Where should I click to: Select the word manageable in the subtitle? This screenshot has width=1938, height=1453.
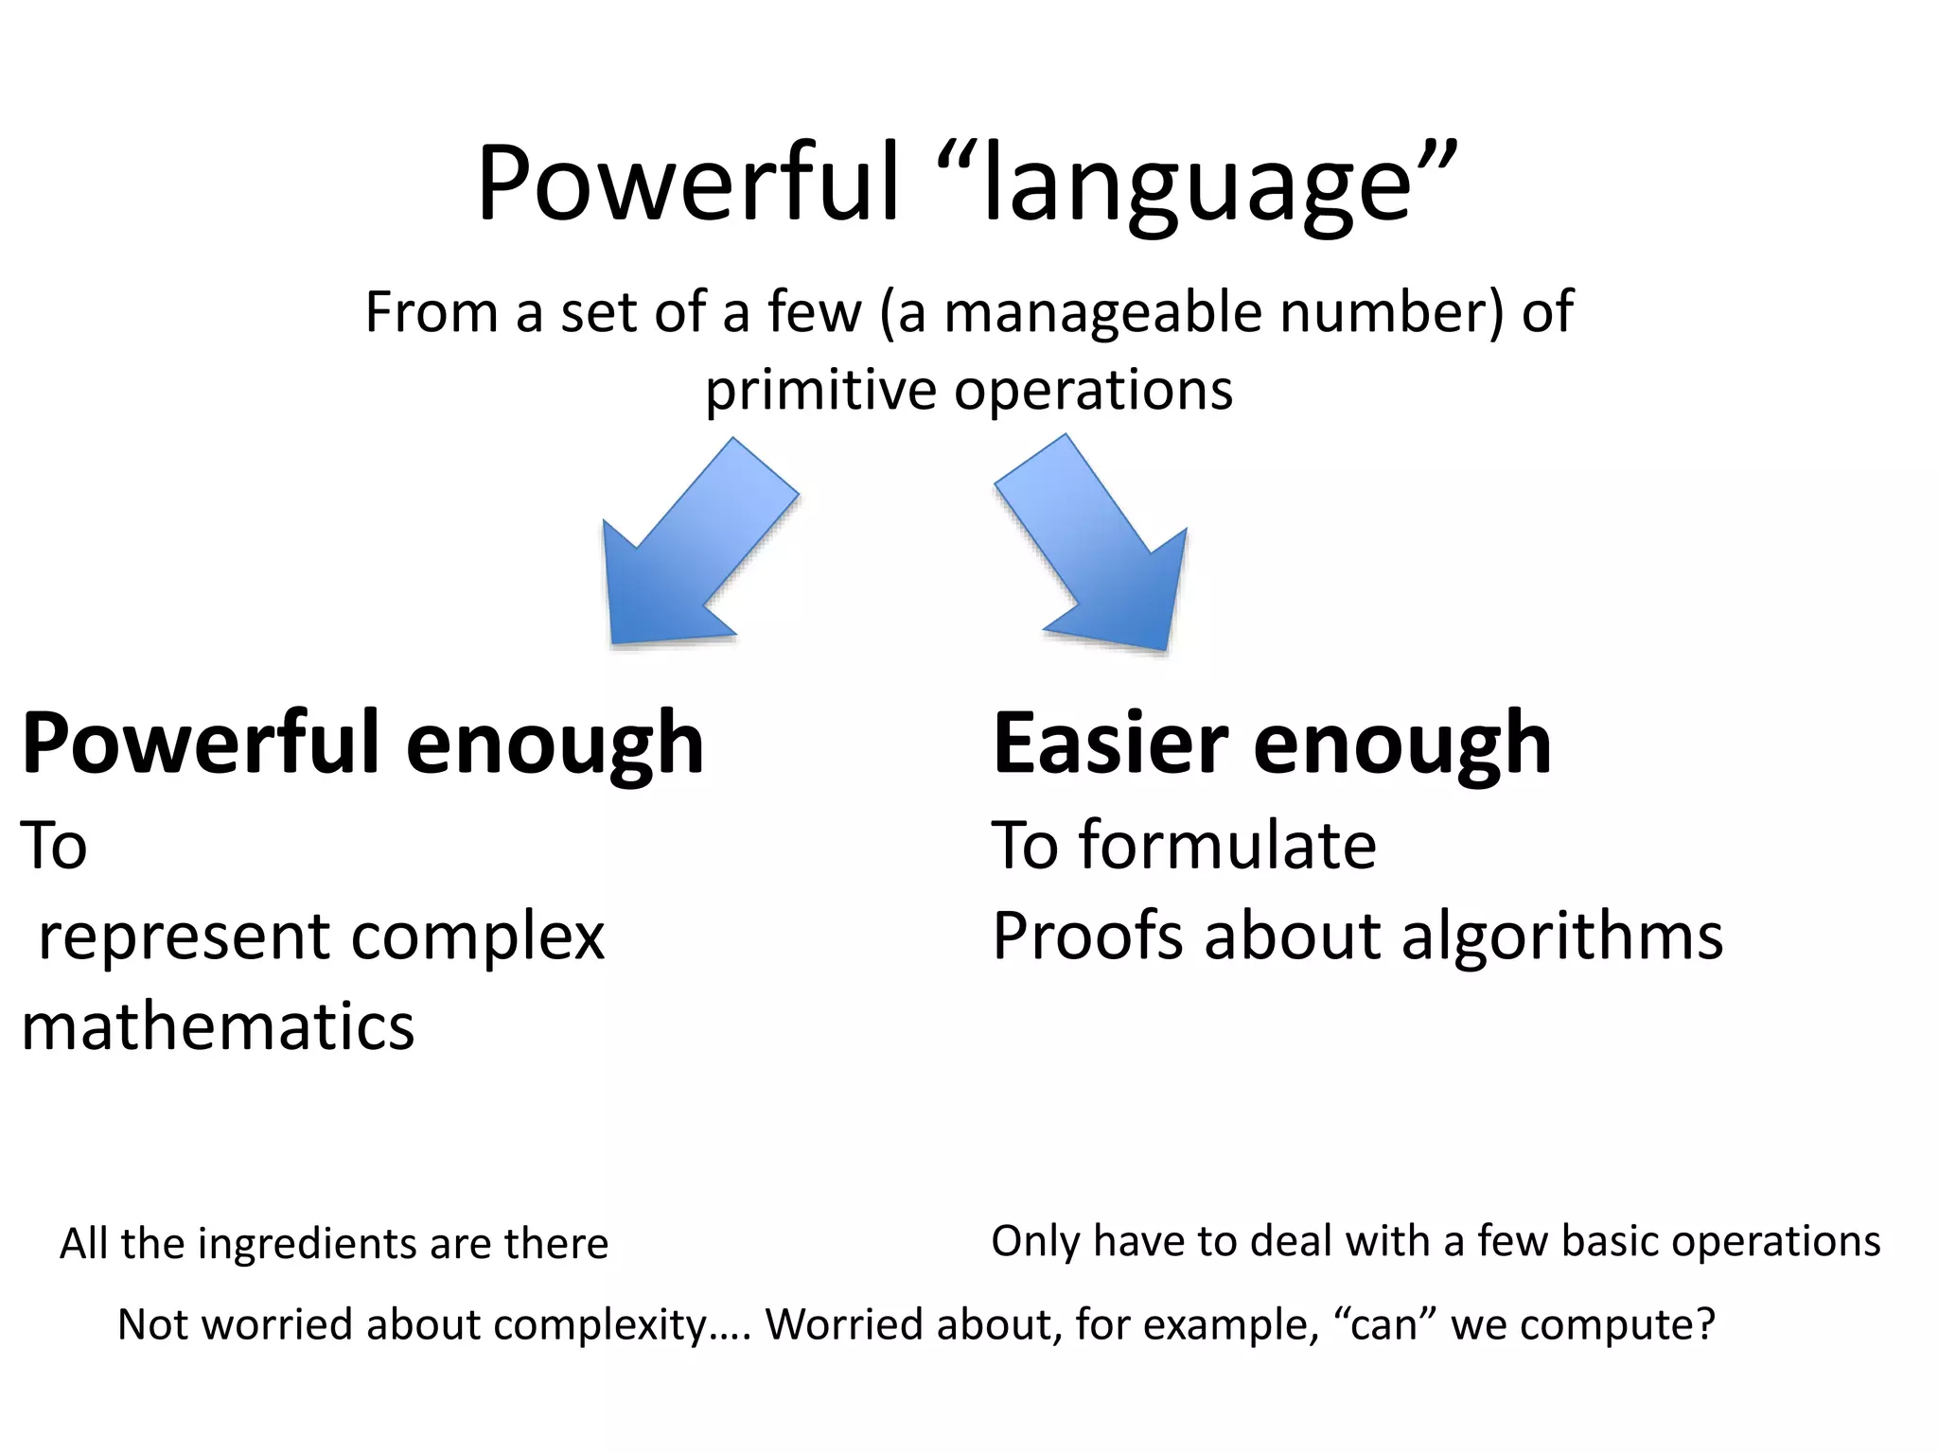(1102, 312)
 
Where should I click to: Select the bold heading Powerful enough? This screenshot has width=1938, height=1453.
(361, 744)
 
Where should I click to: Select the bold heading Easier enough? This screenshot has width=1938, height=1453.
(1271, 744)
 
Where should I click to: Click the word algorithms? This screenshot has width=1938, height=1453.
(1561, 937)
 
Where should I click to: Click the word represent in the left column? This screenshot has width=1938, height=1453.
(185, 937)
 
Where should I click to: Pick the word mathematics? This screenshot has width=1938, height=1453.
(218, 1027)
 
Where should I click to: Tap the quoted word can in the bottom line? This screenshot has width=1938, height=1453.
(1384, 1324)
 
